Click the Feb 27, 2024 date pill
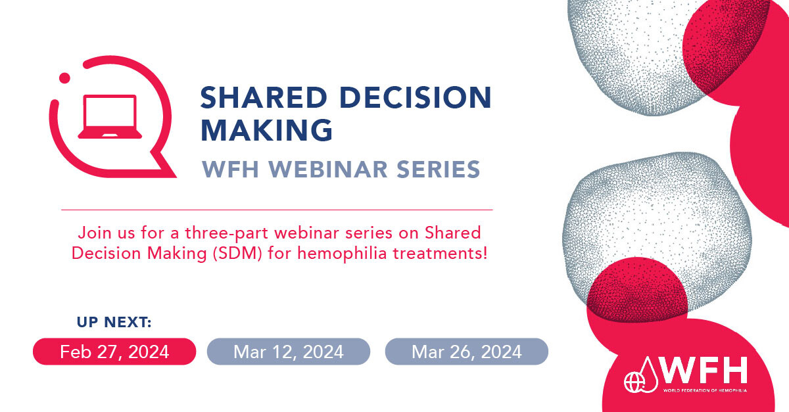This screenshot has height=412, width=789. pyautogui.click(x=114, y=352)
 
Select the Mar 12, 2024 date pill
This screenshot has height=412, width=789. pyautogui.click(x=289, y=352)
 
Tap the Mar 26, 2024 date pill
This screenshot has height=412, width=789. pyautogui.click(x=467, y=352)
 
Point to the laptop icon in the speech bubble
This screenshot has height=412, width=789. pyautogui.click(x=110, y=116)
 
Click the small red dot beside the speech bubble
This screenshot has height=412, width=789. pyautogui.click(x=64, y=78)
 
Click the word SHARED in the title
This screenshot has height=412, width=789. pyautogui.click(x=264, y=97)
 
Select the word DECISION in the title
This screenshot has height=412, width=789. pyautogui.click(x=416, y=97)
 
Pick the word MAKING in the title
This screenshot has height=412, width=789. pyautogui.click(x=266, y=130)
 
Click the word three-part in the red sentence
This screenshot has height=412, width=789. pyautogui.click(x=227, y=233)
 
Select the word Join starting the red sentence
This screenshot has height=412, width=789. pyautogui.click(x=93, y=233)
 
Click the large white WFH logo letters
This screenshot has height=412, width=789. pyautogui.click(x=704, y=370)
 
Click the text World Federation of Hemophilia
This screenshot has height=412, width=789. pyautogui.click(x=705, y=390)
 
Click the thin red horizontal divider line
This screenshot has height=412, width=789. pyautogui.click(x=277, y=210)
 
